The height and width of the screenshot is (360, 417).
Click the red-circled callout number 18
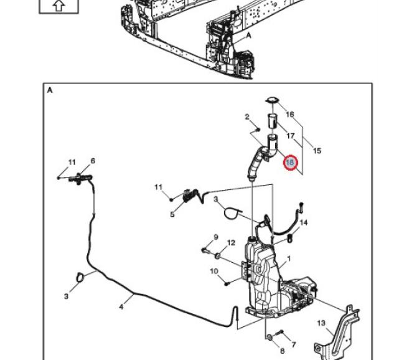point(290,163)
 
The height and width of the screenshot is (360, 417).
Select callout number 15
point(317,151)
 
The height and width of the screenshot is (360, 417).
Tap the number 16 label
point(289,115)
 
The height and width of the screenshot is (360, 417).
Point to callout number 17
point(291,136)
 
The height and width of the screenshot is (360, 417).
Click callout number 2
point(247,116)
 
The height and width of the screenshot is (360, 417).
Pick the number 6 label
point(93,161)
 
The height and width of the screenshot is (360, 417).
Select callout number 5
point(172,215)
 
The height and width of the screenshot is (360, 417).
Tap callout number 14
point(304,222)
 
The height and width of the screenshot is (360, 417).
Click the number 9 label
point(216,237)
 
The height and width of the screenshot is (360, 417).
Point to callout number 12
point(231,243)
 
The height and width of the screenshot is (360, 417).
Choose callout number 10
point(213,271)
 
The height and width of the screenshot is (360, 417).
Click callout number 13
point(321,323)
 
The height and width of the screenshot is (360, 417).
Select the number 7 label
point(293,344)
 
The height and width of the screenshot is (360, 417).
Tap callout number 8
point(282,351)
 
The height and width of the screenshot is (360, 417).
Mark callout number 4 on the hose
point(122,306)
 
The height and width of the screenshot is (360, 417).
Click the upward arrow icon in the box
point(59,6)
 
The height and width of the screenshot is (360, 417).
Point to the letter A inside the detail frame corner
point(49,90)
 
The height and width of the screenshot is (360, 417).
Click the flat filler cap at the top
point(272,100)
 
